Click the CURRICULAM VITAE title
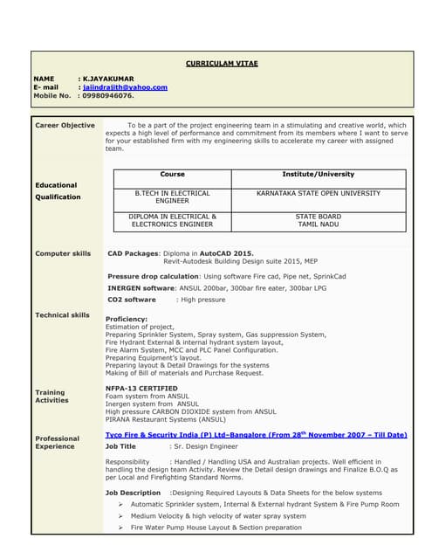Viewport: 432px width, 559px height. coord(222,64)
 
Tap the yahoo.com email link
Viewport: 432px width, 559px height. coord(126,87)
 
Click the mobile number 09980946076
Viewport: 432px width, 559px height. coord(109,96)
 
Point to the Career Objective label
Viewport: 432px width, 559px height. coord(65,126)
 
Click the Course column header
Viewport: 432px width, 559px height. coord(172,175)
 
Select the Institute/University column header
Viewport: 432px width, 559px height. coord(318,175)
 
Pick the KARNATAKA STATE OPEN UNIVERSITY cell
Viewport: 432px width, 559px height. coord(318,193)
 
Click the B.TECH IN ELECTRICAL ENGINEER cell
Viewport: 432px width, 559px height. coord(172,197)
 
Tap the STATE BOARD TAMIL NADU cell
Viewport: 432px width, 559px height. coord(318,220)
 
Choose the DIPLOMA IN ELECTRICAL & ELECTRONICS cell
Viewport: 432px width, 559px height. coord(172,220)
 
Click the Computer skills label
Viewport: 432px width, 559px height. coord(63,254)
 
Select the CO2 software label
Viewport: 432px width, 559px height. coord(132,300)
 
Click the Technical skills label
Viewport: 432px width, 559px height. coord(62,315)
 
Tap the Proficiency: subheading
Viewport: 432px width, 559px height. coord(127,320)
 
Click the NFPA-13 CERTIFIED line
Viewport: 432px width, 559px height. coord(141,389)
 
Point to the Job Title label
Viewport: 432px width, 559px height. coord(120,446)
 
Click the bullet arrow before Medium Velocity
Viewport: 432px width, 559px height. coord(120,516)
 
